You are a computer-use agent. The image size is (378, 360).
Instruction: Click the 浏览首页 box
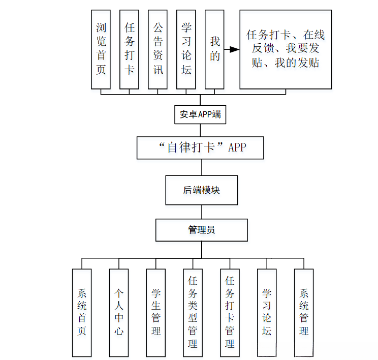pyautogui.click(x=101, y=49)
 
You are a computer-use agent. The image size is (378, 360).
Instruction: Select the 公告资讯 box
pyautogui.click(x=157, y=49)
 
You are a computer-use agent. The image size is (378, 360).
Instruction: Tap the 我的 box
pyautogui.click(x=214, y=49)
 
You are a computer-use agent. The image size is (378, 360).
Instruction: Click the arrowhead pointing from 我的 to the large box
pyautogui.click(x=234, y=49)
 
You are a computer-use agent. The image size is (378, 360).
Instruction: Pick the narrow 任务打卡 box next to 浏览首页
pyautogui.click(x=129, y=49)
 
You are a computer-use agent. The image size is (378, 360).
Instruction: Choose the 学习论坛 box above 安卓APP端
pyautogui.click(x=186, y=49)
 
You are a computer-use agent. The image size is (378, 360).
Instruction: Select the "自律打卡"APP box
pyautogui.click(x=201, y=147)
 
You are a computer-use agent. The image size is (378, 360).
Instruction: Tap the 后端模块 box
pyautogui.click(x=201, y=190)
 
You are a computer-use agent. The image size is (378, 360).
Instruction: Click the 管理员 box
pyautogui.click(x=201, y=230)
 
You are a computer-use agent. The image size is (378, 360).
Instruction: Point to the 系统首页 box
pyautogui.click(x=82, y=312)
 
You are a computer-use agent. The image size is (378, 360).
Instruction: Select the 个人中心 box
pyautogui.click(x=118, y=312)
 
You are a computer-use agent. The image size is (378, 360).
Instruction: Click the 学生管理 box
pyautogui.click(x=155, y=312)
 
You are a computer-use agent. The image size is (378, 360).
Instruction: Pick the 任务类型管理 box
pyautogui.click(x=193, y=312)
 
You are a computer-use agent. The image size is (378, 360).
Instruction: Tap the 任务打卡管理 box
pyautogui.click(x=230, y=312)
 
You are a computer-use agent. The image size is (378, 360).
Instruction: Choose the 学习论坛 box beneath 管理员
pyautogui.click(x=267, y=312)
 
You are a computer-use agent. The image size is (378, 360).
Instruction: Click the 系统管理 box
pyautogui.click(x=304, y=312)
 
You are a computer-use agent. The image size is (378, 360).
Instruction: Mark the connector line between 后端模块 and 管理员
pyautogui.click(x=201, y=212)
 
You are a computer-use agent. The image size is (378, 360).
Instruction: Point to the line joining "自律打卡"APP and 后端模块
pyautogui.click(x=201, y=167)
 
